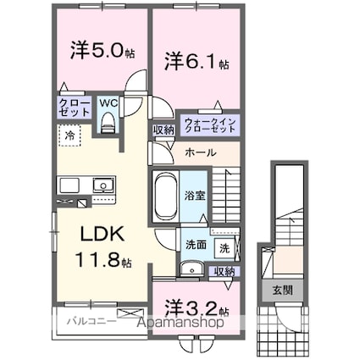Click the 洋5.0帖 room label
tap(93, 50)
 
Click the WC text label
tap(108, 103)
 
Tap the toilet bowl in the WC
tap(107, 124)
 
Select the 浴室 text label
tap(194, 194)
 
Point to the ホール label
tap(200, 152)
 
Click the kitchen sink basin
tap(103, 184)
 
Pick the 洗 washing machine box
tap(224, 248)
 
